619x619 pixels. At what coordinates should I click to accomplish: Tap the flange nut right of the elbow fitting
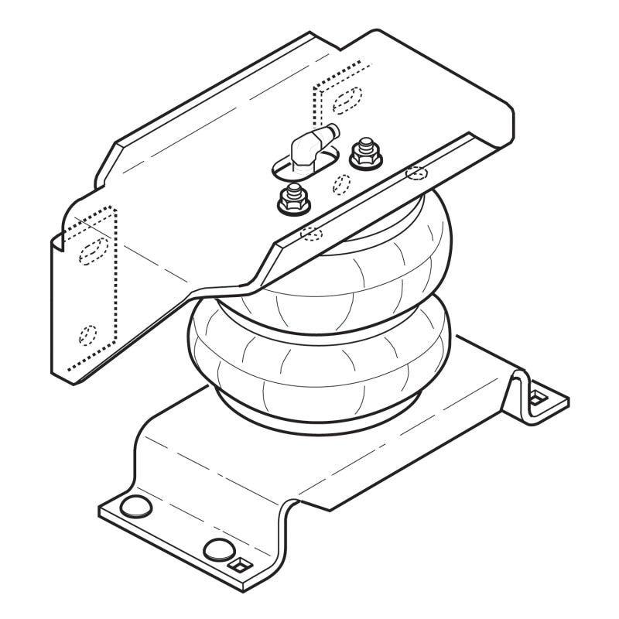(x=365, y=158)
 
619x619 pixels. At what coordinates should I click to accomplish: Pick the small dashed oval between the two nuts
(x=340, y=183)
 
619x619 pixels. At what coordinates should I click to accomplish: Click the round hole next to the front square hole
(x=217, y=550)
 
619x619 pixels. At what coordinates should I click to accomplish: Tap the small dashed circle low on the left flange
(x=88, y=334)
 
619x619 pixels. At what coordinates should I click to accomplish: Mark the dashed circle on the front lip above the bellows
(x=416, y=173)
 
